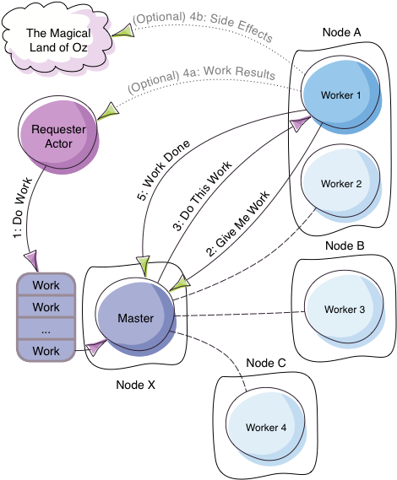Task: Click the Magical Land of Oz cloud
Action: click(57, 40)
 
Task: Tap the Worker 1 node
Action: click(340, 95)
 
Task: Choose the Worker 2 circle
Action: click(340, 184)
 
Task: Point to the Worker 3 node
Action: click(344, 310)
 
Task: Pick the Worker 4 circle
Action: click(265, 427)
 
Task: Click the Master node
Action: click(135, 318)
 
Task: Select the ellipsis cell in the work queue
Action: click(46, 329)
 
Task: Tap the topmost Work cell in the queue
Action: click(46, 285)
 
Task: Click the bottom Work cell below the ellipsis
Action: click(46, 350)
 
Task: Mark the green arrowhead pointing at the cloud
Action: click(123, 31)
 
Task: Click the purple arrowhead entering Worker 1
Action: click(298, 124)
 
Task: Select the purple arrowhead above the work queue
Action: click(32, 257)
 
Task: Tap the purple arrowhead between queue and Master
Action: click(95, 344)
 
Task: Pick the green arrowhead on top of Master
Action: click(177, 286)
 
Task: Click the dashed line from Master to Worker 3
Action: click(241, 315)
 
